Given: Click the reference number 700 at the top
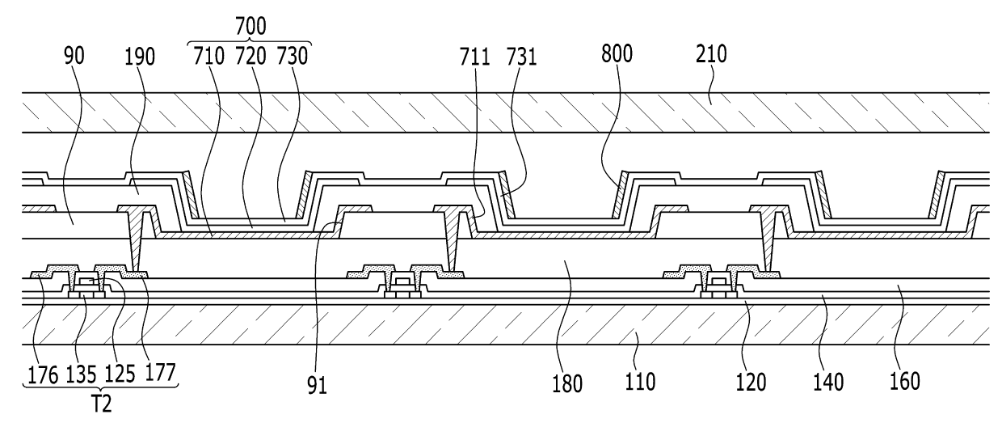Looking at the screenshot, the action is (250, 26).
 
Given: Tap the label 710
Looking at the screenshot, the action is (208, 57).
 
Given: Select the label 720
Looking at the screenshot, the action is (250, 57).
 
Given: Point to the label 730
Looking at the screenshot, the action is (292, 57).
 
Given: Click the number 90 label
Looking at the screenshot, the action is (74, 56).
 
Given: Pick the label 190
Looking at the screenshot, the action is (140, 57).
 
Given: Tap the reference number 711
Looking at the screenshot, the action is (474, 57).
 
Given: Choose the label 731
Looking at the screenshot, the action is (521, 57).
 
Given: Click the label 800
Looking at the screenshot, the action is (617, 54).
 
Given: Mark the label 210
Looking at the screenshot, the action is (711, 54).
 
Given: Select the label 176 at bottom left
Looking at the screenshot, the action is (43, 374).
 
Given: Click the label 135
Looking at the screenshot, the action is (81, 374).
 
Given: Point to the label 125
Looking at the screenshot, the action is (120, 374).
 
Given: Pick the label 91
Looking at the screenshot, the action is (317, 385).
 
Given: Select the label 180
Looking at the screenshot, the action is (567, 384).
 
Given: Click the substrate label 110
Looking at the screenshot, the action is (640, 382).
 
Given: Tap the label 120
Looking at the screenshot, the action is (751, 383).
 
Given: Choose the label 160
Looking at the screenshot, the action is (904, 382).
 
